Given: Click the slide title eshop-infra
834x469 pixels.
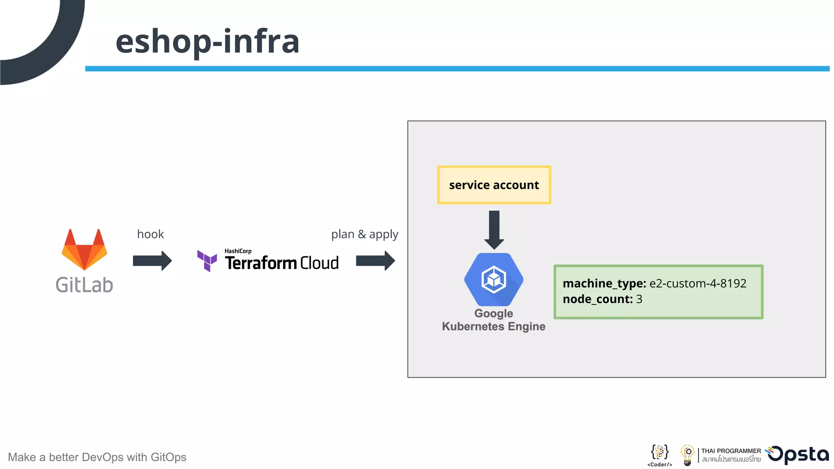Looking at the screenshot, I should [x=207, y=42].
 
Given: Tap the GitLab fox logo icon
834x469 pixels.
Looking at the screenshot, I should [x=84, y=250].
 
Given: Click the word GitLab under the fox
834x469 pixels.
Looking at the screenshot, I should [x=84, y=285].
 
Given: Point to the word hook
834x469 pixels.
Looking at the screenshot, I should [x=150, y=234].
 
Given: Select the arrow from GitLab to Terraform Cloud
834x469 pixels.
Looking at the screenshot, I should [x=152, y=261].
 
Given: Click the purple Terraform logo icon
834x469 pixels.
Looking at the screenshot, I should [x=207, y=261].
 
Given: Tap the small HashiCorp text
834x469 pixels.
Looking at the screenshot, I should [x=238, y=251].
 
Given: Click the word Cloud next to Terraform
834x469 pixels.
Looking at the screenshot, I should [x=320, y=263].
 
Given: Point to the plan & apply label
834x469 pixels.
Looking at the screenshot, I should [x=364, y=234].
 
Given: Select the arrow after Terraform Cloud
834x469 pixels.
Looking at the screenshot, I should [x=375, y=261].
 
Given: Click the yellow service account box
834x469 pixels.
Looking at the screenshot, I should [x=494, y=185].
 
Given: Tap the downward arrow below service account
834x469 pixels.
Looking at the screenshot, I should [x=494, y=230].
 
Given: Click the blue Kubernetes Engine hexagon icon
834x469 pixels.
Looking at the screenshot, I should [x=494, y=279].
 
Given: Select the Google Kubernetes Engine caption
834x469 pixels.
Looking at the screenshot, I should [x=494, y=320].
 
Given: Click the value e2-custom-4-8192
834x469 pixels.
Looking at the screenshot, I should [x=698, y=283].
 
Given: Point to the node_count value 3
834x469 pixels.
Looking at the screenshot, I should [x=639, y=299].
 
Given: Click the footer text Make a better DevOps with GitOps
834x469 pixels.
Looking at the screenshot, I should [x=97, y=457].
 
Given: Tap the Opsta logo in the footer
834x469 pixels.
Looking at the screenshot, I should [x=798, y=455].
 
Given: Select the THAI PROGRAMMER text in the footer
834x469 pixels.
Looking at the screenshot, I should [x=731, y=451].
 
